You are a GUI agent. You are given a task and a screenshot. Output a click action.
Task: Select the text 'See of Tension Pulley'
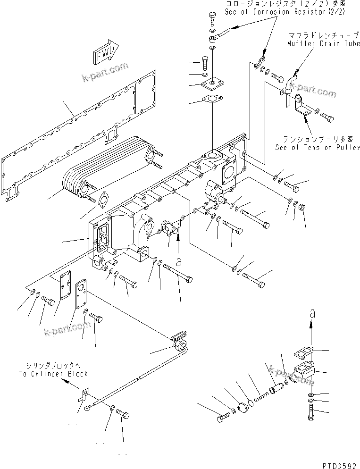[x=318, y=147]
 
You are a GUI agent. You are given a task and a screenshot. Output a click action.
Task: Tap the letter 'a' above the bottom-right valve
[x=312, y=313]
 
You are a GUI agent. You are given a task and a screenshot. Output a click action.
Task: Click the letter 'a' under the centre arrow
[x=178, y=260]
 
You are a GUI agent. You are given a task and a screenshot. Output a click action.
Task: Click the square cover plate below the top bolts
[x=210, y=85]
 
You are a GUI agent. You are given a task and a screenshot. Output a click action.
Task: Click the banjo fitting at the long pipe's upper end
[x=180, y=343]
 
